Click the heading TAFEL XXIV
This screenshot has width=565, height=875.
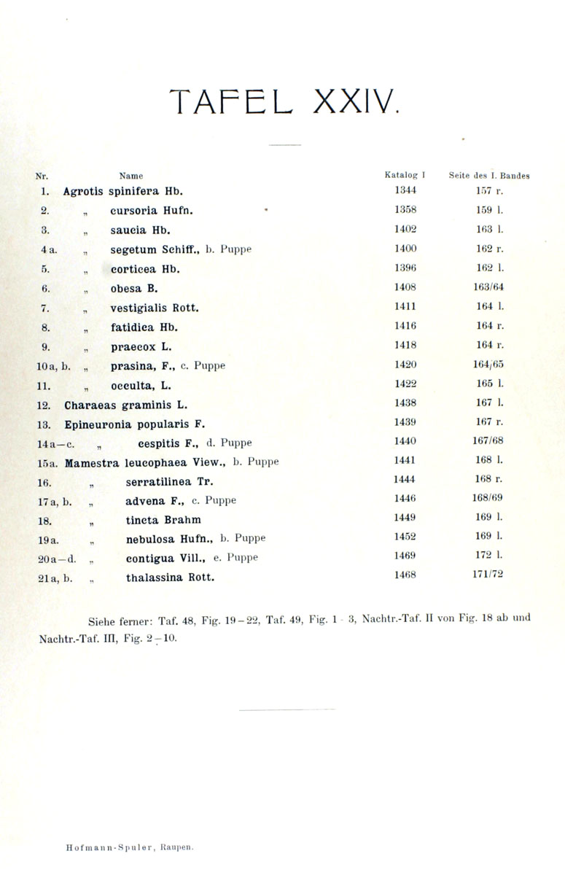point(284,101)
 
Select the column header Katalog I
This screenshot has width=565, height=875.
point(405,175)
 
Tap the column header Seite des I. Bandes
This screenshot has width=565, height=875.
point(488,176)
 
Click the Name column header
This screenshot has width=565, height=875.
point(131,176)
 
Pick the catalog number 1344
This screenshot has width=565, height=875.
point(405,191)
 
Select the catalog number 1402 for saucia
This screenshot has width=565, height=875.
point(405,229)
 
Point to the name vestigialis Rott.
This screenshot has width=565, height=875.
point(155,308)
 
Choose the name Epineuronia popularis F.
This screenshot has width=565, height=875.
point(135,423)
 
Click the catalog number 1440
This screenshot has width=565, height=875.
point(405,441)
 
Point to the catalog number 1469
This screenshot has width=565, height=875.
point(405,556)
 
